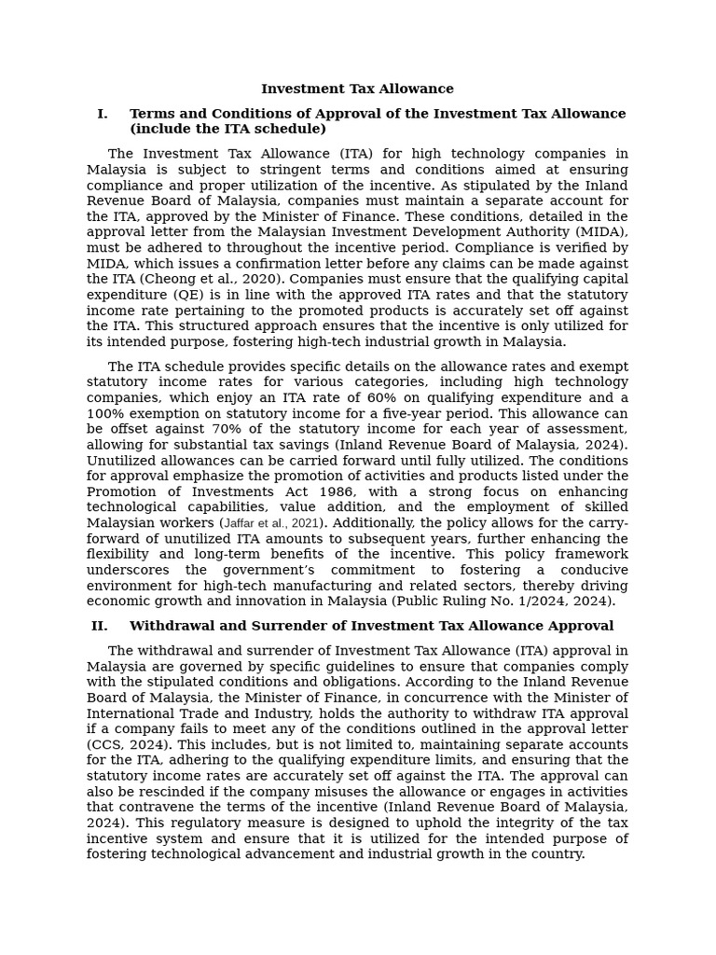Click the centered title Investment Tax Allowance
[357, 90]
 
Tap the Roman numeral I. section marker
[102, 114]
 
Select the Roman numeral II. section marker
[99, 626]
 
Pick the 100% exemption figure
[105, 413]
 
